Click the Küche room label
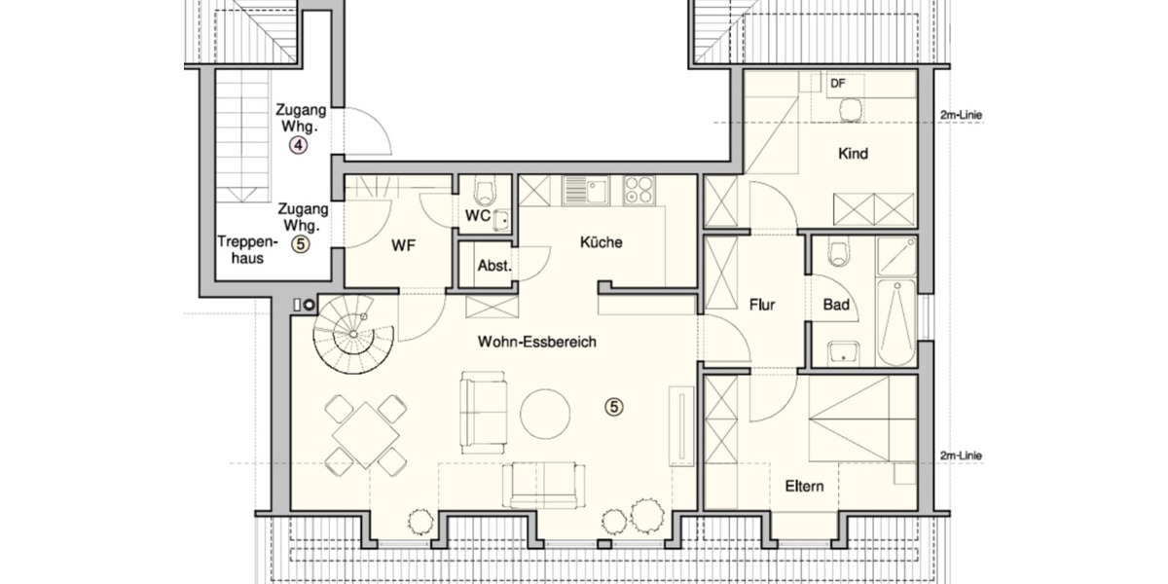[601, 243]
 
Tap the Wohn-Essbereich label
[536, 342]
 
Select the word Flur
[761, 305]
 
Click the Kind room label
[853, 154]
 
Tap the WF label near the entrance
[404, 246]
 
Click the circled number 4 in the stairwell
[298, 146]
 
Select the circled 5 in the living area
[613, 407]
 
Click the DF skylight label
[838, 83]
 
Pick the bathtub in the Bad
[895, 321]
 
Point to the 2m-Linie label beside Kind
[961, 115]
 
